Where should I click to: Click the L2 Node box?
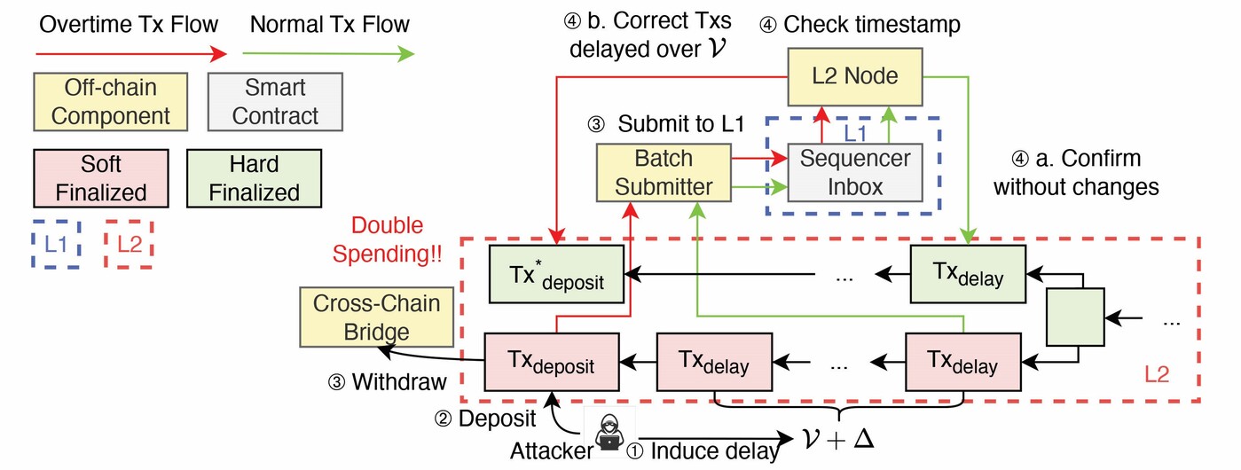pyautogui.click(x=855, y=75)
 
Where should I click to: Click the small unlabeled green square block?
pyautogui.click(x=1076, y=317)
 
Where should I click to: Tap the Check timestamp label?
pyautogui.click(x=860, y=24)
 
